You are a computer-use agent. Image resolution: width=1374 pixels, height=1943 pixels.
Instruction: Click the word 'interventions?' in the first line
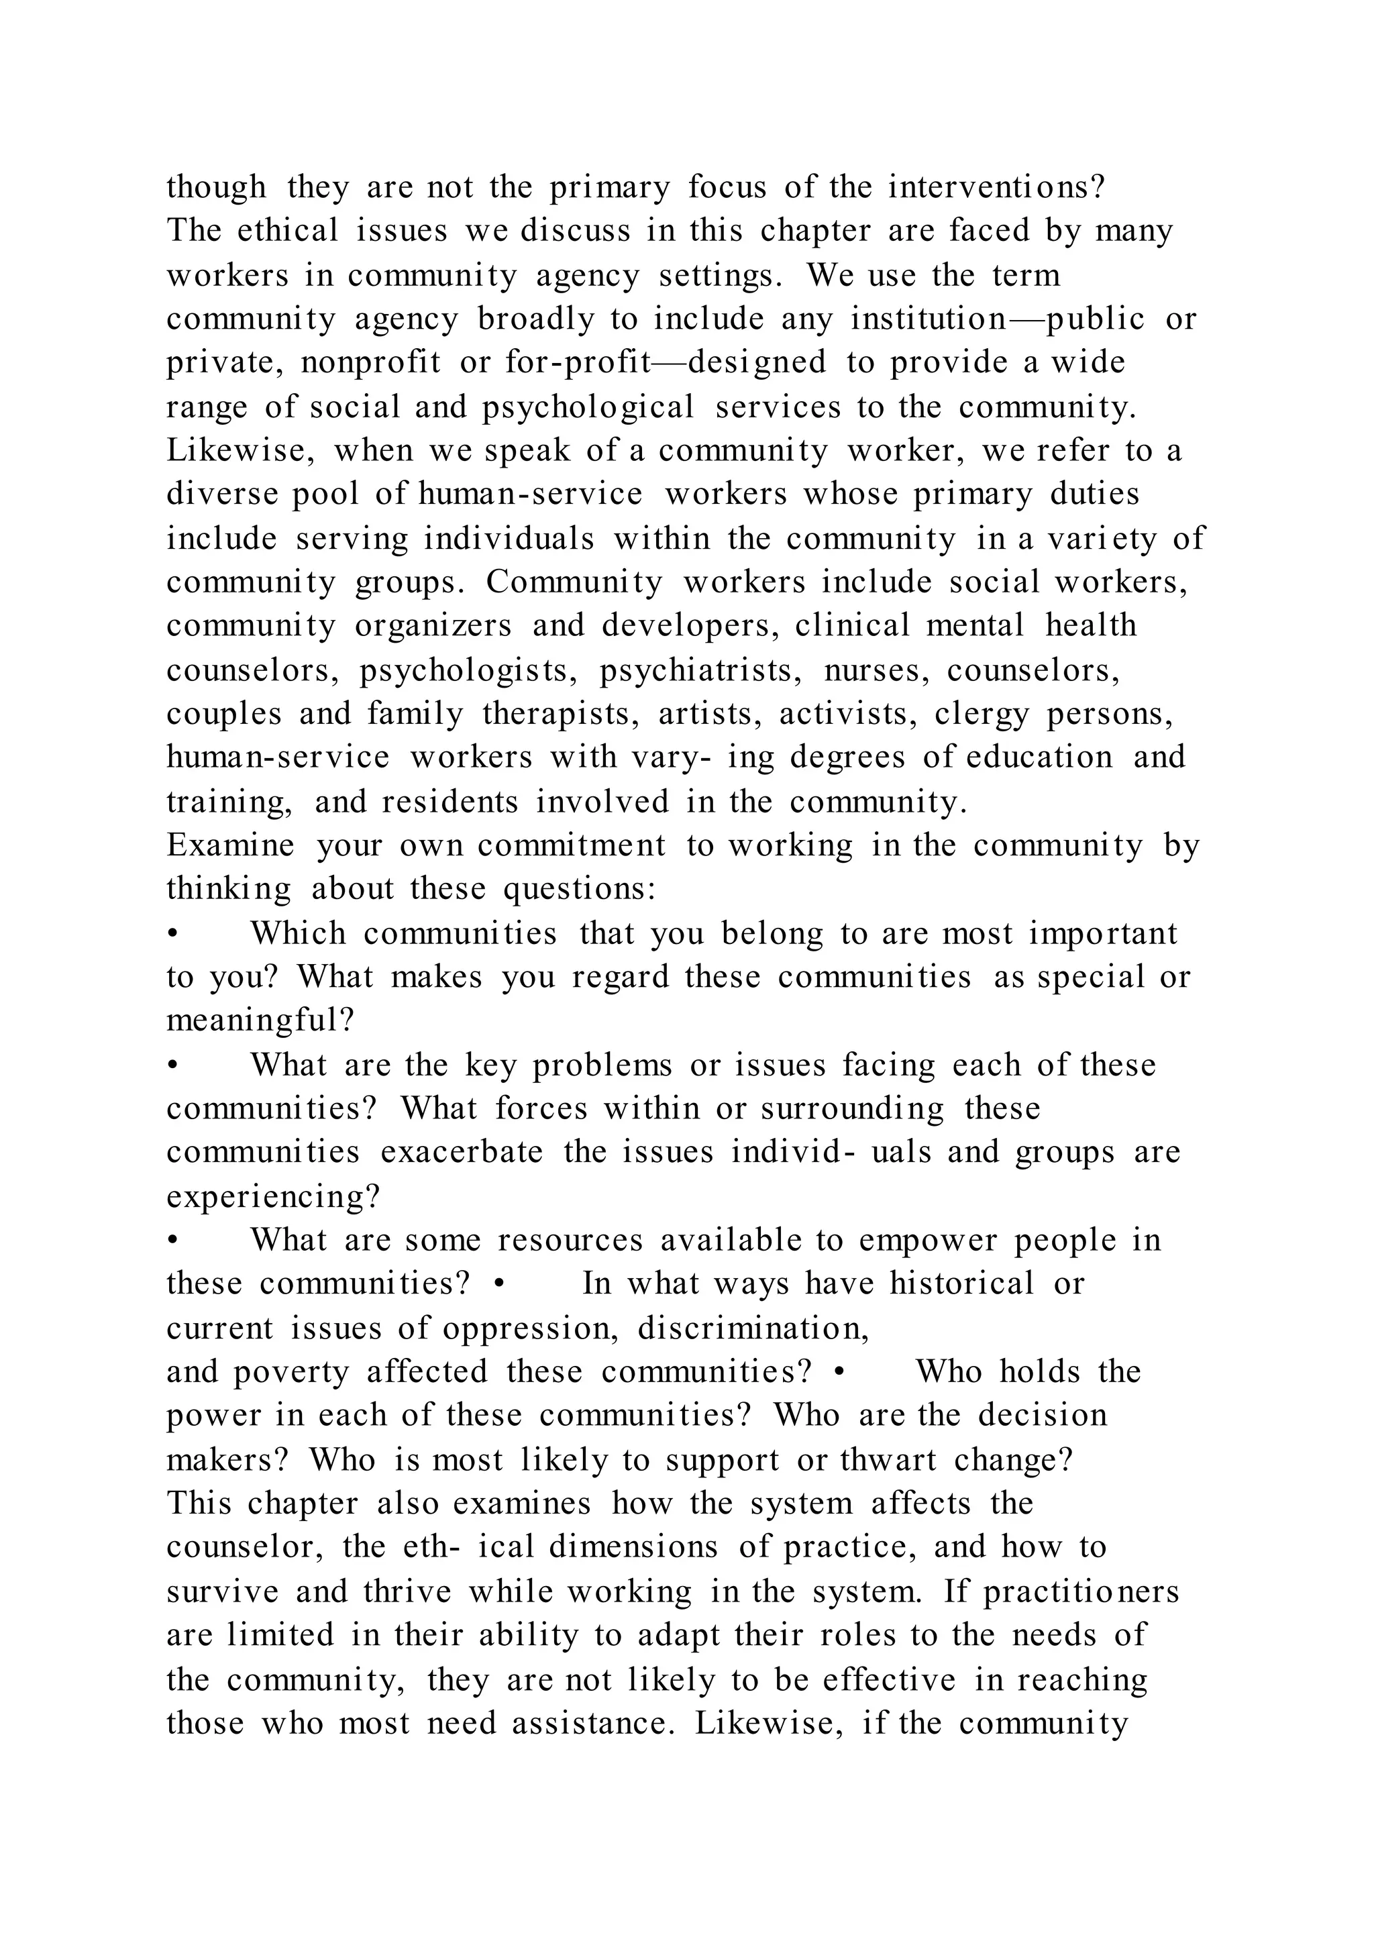(996, 187)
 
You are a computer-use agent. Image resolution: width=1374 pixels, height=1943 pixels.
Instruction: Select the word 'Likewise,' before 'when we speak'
(240, 451)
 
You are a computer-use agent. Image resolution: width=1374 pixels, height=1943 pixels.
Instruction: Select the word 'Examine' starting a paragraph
(230, 845)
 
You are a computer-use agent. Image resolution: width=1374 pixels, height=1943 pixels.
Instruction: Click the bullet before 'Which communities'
(172, 933)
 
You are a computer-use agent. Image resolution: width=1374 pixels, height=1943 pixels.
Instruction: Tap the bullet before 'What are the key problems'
(172, 1065)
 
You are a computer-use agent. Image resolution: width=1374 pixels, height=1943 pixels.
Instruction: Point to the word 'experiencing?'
(273, 1197)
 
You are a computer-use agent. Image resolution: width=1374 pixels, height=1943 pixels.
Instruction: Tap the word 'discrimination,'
(753, 1328)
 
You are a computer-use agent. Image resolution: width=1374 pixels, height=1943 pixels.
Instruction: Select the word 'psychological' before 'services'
(588, 407)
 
